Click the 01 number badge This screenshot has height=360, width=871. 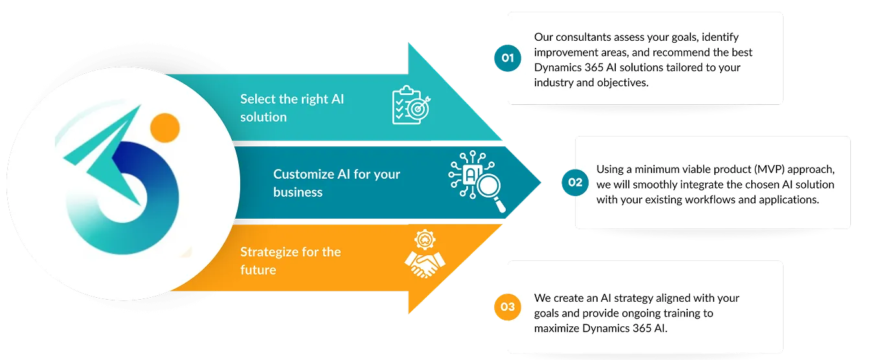(508, 58)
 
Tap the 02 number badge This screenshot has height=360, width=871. (575, 183)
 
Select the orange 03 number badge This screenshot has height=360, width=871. (508, 306)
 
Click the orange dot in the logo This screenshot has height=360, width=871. (164, 128)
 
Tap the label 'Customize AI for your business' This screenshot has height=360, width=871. (337, 183)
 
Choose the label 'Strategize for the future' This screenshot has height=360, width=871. (290, 260)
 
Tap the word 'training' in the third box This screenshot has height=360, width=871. (685, 313)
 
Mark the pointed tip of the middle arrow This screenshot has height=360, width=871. (541, 183)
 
